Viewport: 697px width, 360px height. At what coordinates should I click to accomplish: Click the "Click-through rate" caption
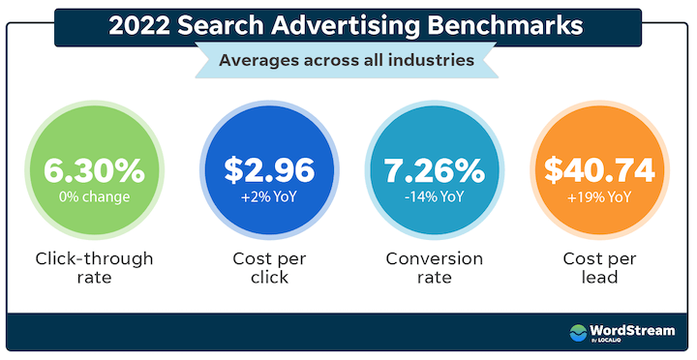click(94, 270)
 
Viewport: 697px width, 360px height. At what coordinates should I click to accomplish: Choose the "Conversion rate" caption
click(434, 270)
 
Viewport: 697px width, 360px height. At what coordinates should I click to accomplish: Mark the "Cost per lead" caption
click(600, 270)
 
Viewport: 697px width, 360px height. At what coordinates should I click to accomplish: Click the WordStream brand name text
click(633, 329)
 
